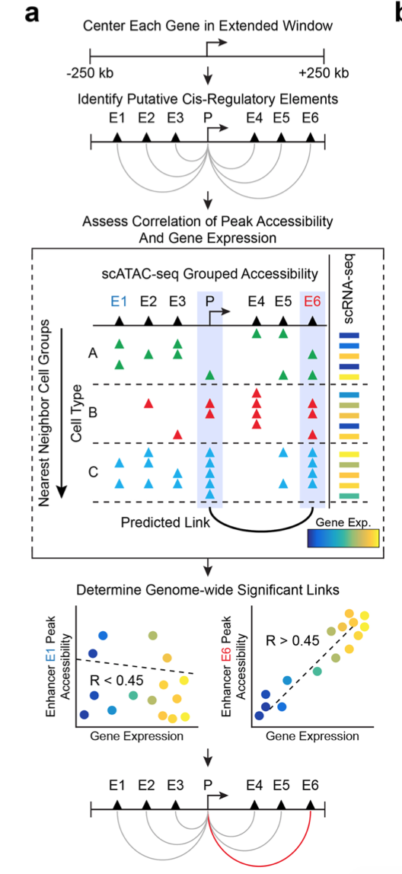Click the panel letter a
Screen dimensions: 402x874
coord(32,14)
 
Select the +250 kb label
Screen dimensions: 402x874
coord(326,74)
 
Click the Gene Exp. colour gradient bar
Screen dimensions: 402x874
coord(343,538)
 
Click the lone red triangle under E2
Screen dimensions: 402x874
coord(148,403)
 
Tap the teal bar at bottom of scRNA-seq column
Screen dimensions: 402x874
coord(349,496)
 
